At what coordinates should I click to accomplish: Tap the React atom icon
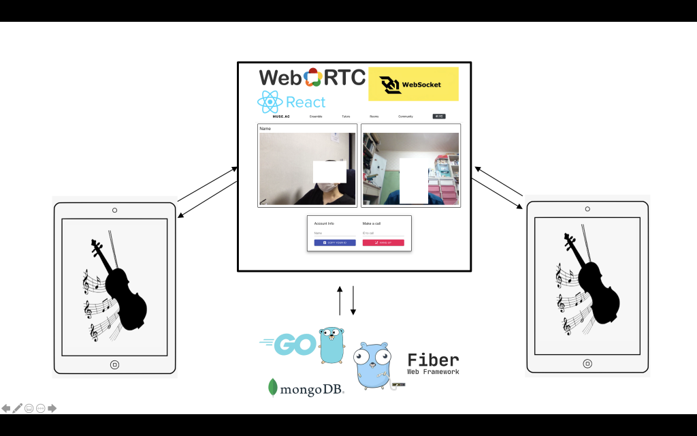coord(270,102)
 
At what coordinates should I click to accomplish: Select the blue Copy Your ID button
coord(335,243)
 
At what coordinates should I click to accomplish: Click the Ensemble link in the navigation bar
coord(316,116)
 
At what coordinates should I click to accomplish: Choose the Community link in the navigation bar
coord(406,116)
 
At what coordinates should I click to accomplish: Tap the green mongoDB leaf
coord(273,387)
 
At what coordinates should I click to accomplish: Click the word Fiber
coord(433,360)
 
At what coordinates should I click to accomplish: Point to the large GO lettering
coord(289,344)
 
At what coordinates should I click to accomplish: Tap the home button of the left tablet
coord(114,364)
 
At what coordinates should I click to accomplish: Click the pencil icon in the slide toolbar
coord(18,408)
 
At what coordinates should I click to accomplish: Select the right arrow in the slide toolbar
coord(52,408)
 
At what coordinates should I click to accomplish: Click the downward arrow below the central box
coord(353,301)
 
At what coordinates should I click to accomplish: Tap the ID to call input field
coord(383,233)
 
